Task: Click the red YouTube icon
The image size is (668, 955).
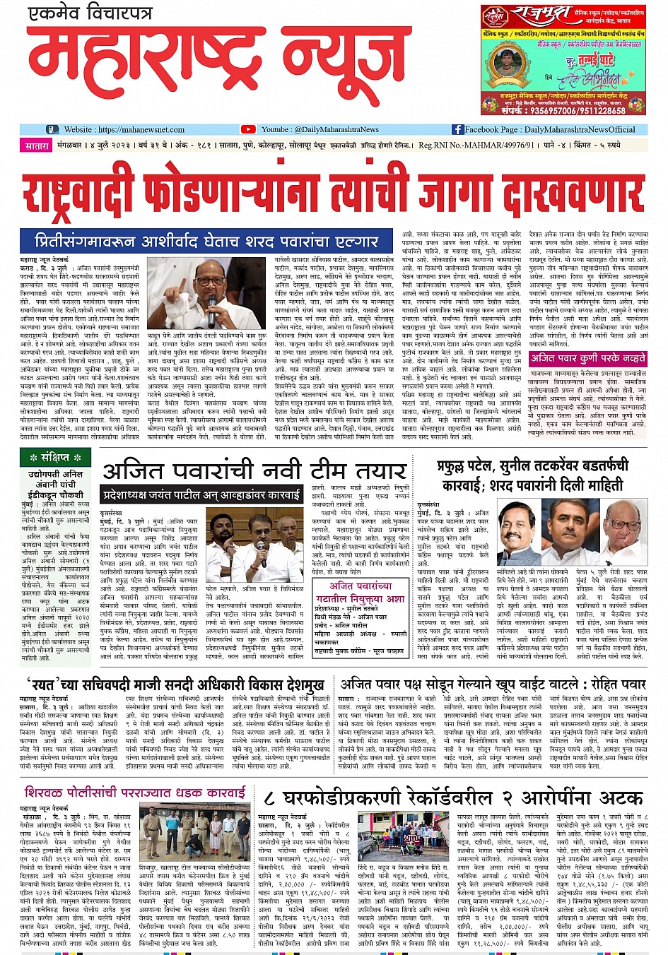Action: [x=248, y=129]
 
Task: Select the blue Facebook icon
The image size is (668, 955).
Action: [x=457, y=129]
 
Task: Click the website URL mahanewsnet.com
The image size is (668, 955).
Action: [x=140, y=129]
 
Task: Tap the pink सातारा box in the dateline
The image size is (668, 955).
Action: [x=37, y=146]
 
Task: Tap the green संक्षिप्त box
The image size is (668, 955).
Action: [x=56, y=458]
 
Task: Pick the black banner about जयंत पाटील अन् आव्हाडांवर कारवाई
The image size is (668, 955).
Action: [x=201, y=495]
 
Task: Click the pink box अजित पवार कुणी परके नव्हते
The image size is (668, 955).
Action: [x=587, y=358]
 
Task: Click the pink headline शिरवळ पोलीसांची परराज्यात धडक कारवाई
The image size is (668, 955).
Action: [x=135, y=792]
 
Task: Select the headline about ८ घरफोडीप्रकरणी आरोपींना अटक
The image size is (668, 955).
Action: [x=452, y=797]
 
